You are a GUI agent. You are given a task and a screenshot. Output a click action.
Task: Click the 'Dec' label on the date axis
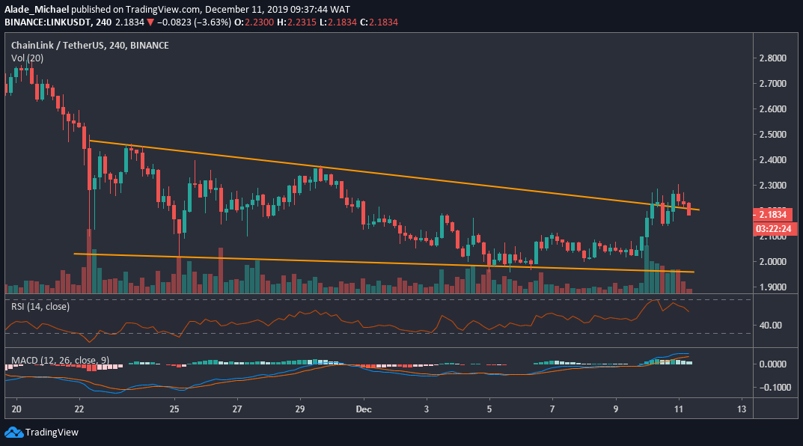tap(363, 409)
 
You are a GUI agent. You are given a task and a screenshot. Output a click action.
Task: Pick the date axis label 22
tap(79, 409)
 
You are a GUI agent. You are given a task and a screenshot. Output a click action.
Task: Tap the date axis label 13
tap(741, 409)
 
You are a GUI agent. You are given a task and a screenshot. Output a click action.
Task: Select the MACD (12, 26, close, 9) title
tap(61, 360)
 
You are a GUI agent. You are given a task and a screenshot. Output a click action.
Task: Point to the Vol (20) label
tap(27, 58)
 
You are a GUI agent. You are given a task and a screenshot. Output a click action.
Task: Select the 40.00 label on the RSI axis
tap(771, 326)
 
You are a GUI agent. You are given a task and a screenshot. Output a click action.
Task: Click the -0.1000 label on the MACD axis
tap(772, 388)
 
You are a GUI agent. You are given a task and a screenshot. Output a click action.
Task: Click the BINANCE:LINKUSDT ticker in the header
tap(49, 22)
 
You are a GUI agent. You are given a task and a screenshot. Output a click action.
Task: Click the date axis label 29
tap(299, 409)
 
